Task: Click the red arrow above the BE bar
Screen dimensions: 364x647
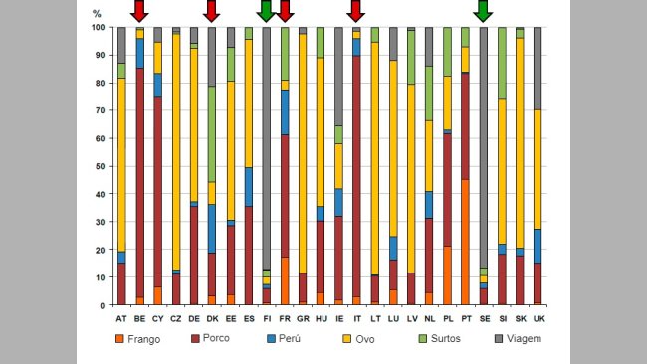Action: point(139,11)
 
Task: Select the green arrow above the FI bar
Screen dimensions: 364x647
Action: point(265,11)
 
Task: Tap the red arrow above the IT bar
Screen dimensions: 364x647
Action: point(355,11)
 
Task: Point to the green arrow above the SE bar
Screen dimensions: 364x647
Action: point(483,11)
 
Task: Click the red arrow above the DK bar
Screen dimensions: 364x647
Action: point(211,11)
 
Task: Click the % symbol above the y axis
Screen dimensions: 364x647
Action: point(96,14)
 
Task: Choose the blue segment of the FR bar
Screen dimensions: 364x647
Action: point(284,112)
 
